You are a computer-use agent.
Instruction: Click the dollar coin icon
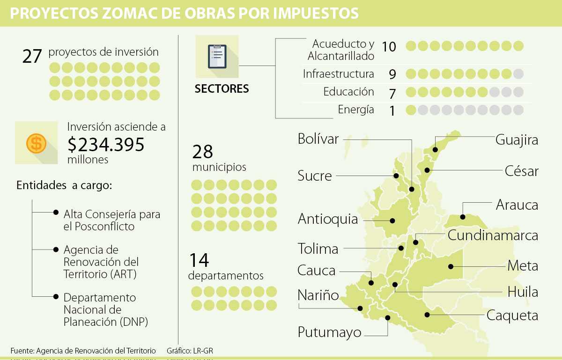click(x=36, y=143)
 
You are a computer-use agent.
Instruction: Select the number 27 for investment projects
click(x=32, y=56)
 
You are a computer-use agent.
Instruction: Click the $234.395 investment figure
click(x=106, y=145)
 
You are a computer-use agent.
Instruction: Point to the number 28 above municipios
click(x=202, y=152)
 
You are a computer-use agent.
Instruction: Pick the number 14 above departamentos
click(x=199, y=260)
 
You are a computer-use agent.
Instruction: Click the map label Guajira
click(x=517, y=140)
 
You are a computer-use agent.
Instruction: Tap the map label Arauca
click(x=517, y=205)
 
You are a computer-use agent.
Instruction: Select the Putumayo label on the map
click(x=330, y=332)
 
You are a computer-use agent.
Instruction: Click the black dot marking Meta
click(x=450, y=266)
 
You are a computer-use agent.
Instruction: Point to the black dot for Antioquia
click(x=392, y=220)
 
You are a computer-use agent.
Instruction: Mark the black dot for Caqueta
click(x=426, y=315)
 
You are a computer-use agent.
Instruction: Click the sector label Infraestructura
click(x=338, y=74)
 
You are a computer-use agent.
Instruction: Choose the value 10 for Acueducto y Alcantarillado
click(x=389, y=46)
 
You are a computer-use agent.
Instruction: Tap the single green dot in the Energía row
click(x=411, y=110)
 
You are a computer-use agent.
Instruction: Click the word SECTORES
click(x=222, y=89)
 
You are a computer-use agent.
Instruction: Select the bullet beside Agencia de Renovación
click(x=56, y=250)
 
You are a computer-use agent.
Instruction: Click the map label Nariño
click(x=318, y=295)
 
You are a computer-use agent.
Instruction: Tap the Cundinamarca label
click(x=493, y=235)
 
